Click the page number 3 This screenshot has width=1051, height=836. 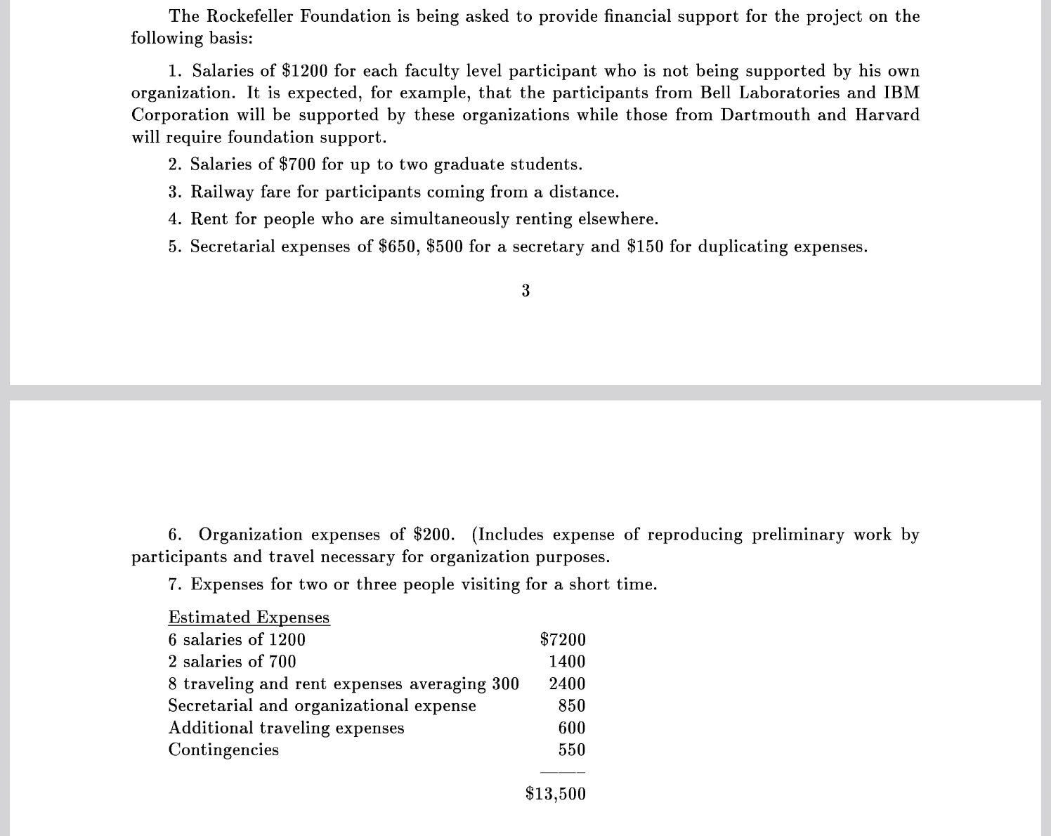tap(525, 290)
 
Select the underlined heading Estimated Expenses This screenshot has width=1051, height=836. tap(249, 618)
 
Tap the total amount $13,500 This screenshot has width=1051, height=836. tap(555, 794)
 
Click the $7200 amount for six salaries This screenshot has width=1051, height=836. tap(562, 639)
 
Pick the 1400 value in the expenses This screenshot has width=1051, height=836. tap(567, 662)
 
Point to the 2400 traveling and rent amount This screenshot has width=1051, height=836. tap(567, 684)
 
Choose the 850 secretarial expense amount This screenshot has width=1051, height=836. tap(572, 705)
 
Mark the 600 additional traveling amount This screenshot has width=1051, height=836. tap(572, 728)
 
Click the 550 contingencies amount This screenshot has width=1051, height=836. tap(572, 750)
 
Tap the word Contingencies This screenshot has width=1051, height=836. tap(223, 750)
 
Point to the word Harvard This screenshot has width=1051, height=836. tap(887, 115)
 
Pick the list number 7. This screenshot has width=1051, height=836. tap(174, 584)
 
